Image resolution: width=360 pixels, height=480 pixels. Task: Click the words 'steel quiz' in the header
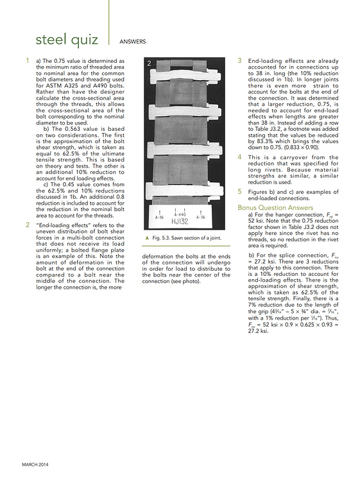tap(67, 40)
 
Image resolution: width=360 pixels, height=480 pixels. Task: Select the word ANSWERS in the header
tap(133, 42)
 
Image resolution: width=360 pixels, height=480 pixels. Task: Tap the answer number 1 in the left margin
tap(27, 61)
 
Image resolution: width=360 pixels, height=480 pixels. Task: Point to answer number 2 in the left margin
tap(27, 225)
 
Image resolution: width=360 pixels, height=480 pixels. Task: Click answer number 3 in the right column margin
tap(240, 60)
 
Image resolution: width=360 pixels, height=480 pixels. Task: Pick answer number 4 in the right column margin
tap(240, 157)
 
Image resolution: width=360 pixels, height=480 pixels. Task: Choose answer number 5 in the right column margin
tap(240, 191)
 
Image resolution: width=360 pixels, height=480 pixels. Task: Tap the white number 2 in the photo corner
tap(149, 64)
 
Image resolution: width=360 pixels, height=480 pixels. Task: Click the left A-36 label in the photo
tap(160, 218)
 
